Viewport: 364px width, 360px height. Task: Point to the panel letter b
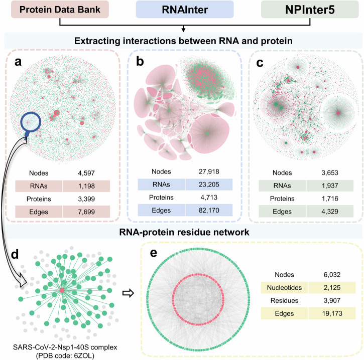click(x=141, y=61)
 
